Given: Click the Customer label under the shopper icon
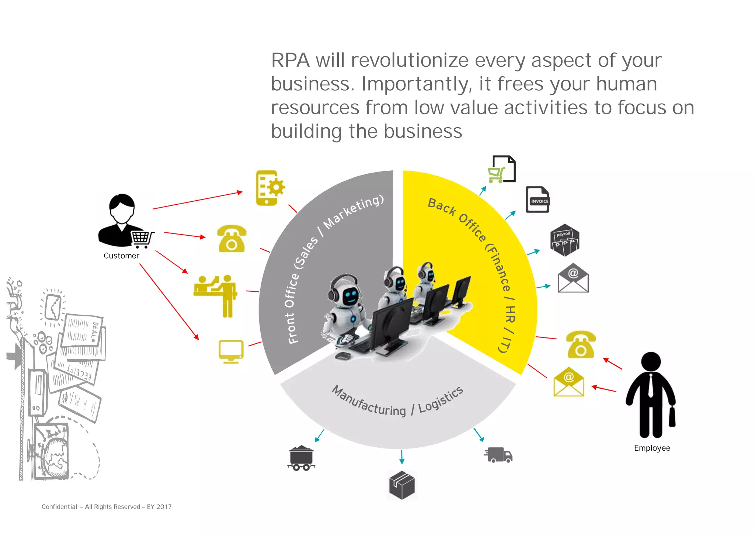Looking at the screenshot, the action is (121, 256).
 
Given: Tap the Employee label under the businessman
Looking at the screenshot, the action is (652, 448).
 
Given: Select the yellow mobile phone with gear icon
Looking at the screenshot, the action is (269, 188).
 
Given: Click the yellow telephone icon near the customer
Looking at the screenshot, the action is (232, 239).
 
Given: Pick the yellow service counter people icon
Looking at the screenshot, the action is (215, 295).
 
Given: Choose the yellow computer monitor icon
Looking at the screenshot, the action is (231, 351).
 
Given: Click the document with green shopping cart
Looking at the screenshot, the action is (502, 169).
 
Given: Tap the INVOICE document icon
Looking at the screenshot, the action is (537, 200).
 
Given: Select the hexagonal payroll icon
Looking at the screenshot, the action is (564, 240).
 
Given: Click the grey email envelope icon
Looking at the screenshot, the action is (573, 278).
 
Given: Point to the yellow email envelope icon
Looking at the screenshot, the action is (568, 382).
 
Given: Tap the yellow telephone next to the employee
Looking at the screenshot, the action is (580, 344).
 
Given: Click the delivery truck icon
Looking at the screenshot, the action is (498, 455).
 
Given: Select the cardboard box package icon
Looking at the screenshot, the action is (402, 485).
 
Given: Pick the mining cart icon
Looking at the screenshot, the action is (301, 458).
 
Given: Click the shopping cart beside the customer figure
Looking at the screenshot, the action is (142, 239).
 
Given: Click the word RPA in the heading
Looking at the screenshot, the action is (290, 60).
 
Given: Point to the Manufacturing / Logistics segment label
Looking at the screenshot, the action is (397, 402).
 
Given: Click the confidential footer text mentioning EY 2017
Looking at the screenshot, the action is (107, 507).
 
